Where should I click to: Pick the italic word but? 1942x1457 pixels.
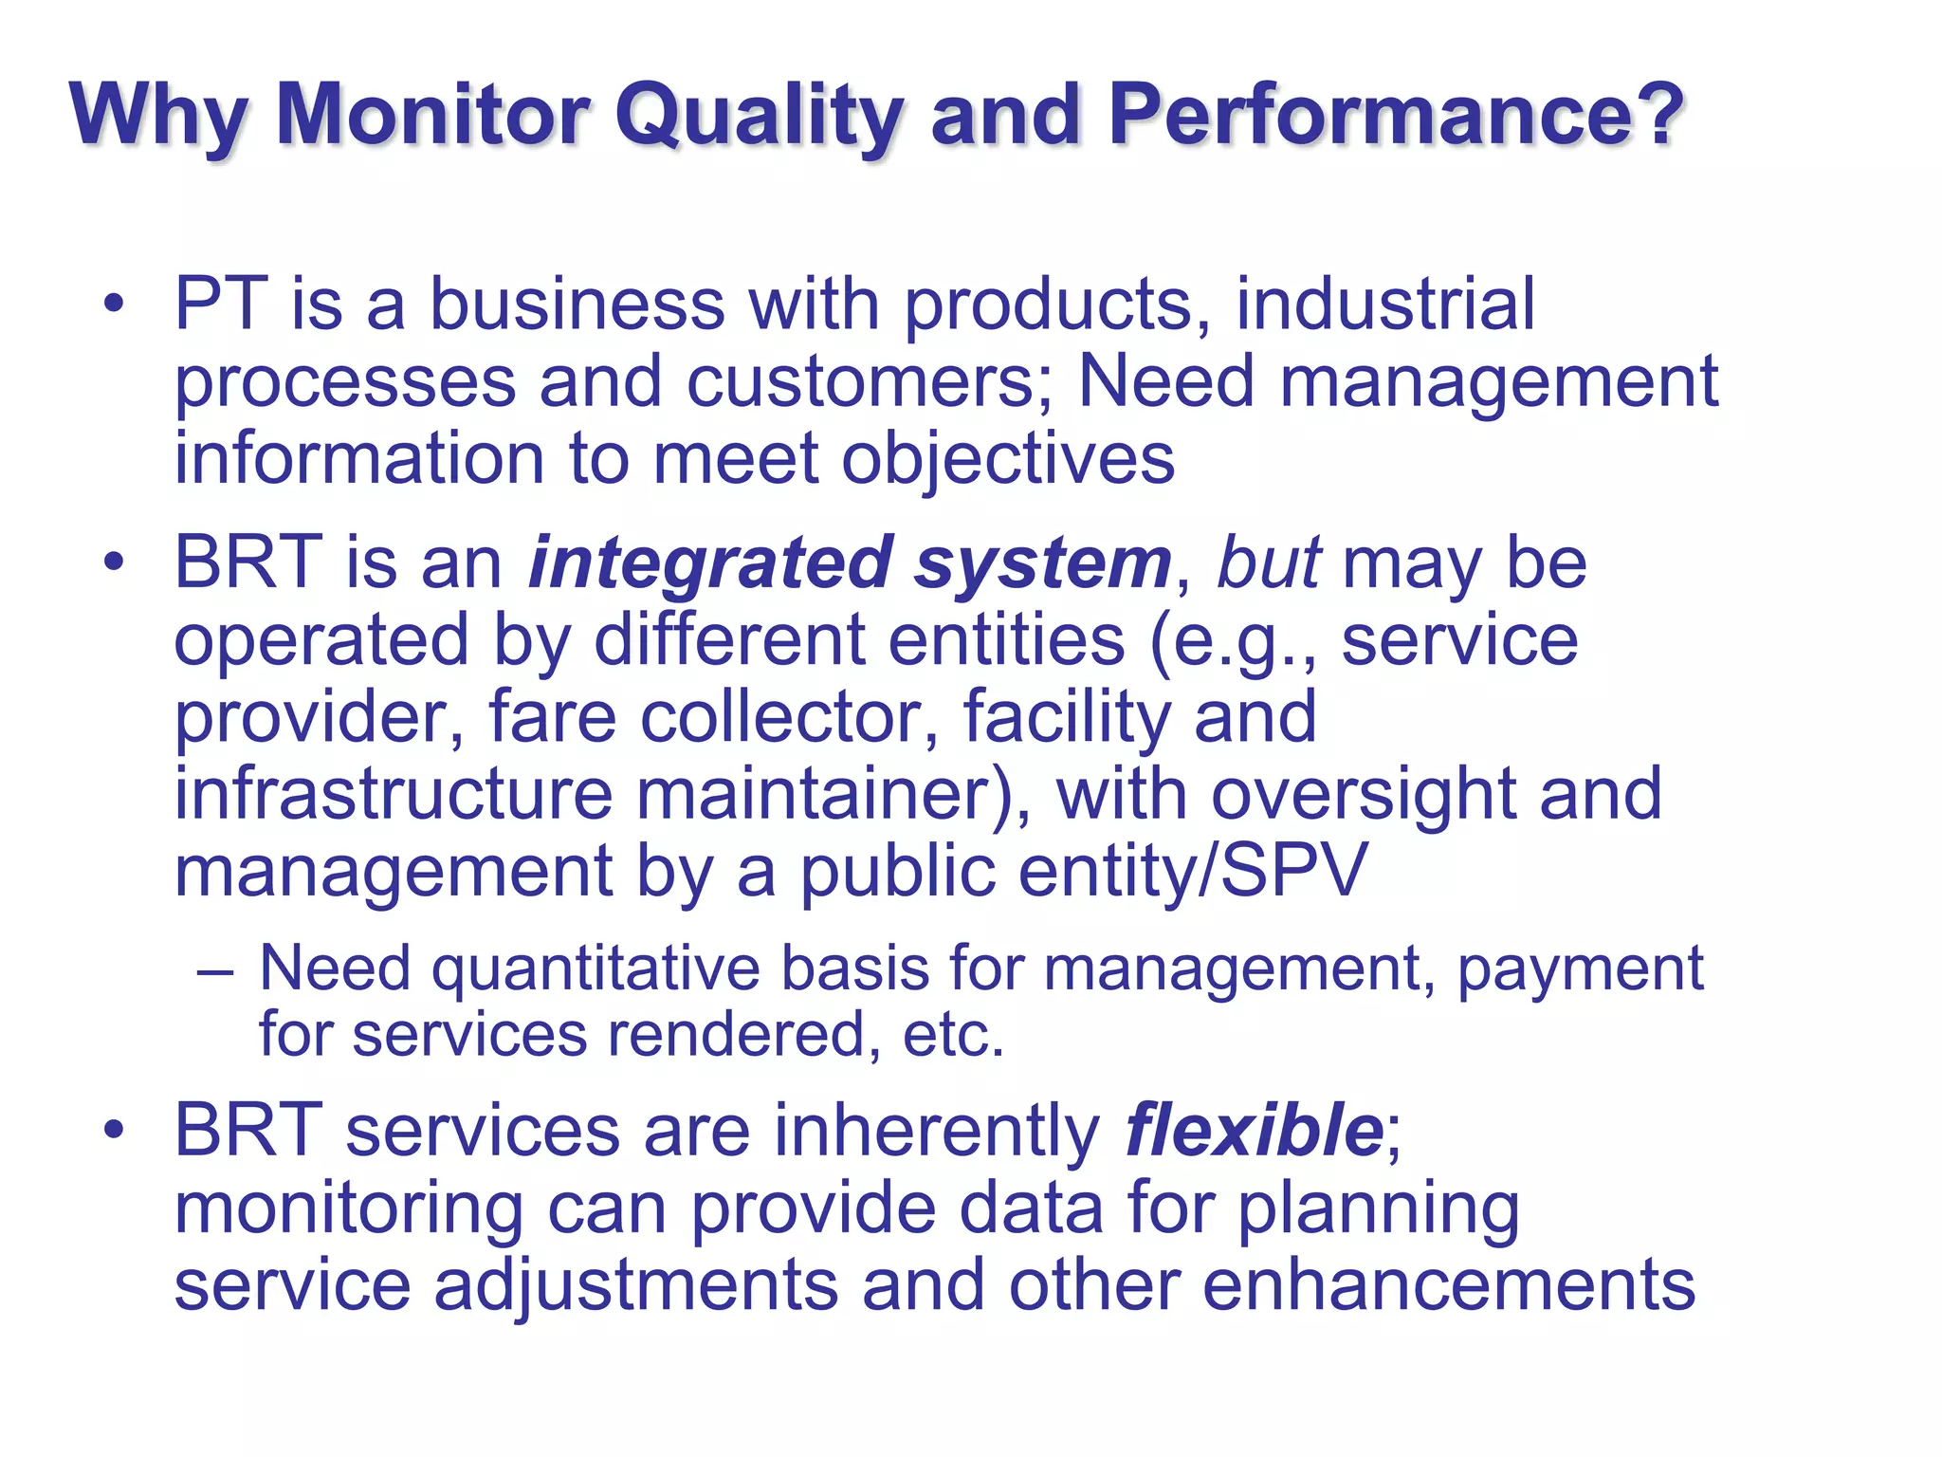pyautogui.click(x=1268, y=563)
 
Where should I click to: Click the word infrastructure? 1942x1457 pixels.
pyautogui.click(x=394, y=794)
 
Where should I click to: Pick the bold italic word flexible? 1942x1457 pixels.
pyautogui.click(x=1255, y=1131)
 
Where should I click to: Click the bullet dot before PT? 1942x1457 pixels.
pyautogui.click(x=115, y=305)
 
